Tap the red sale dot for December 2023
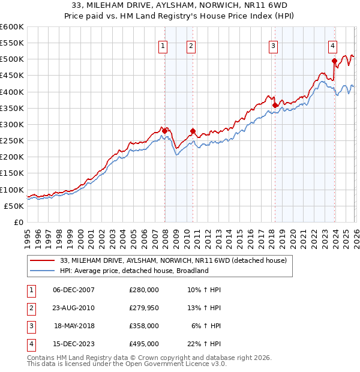[x=334, y=61]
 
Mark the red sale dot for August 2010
[x=193, y=131]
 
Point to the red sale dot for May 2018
[x=275, y=106]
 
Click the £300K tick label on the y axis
[x=12, y=124]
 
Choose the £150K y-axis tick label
[x=12, y=173]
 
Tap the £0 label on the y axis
[x=18, y=222]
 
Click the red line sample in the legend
[x=42, y=260]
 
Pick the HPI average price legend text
[x=134, y=271]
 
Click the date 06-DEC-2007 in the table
[x=73, y=290]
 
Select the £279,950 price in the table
[x=143, y=308]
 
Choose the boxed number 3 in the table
[x=31, y=326]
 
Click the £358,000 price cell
[x=143, y=326]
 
